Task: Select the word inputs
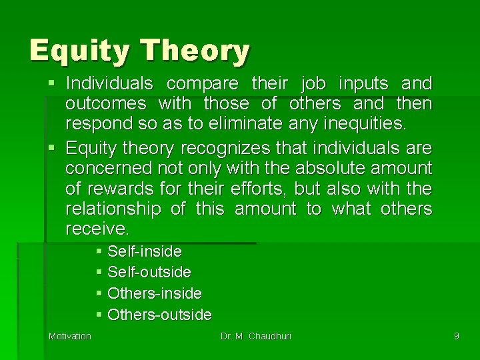pos(365,84)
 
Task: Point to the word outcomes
pos(106,105)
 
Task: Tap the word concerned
pos(106,167)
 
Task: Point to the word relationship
pos(113,209)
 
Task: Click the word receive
pos(97,229)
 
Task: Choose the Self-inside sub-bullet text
pos(144,251)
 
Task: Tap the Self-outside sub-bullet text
pos(149,272)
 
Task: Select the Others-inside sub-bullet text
pos(154,293)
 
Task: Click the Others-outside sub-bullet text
pos(159,314)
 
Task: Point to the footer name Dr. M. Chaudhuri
pos(256,336)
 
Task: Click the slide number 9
pos(456,336)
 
